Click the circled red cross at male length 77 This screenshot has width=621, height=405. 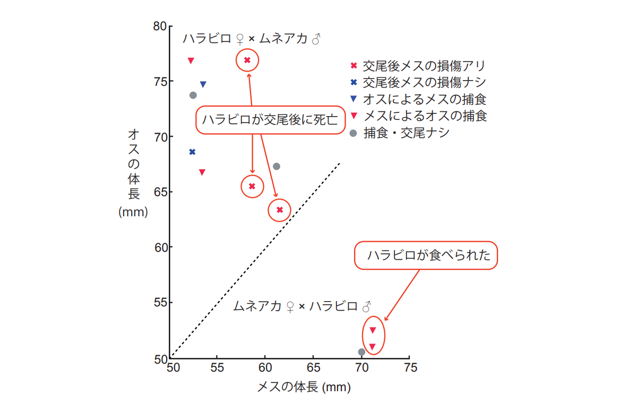[x=247, y=60]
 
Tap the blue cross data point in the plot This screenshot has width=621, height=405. [x=192, y=152]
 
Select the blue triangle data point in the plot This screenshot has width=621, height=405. [x=203, y=84]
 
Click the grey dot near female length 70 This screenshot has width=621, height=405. [x=361, y=352]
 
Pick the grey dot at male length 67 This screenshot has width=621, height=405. [x=276, y=166]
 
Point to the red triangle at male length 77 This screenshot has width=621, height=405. [x=191, y=60]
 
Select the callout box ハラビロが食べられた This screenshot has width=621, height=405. [x=426, y=256]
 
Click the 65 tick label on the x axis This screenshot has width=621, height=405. [x=314, y=367]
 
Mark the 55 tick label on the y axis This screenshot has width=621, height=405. [x=160, y=303]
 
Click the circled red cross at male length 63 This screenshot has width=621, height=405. [x=280, y=210]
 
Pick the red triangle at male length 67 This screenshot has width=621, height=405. [x=202, y=172]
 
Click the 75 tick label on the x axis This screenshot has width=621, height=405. [x=410, y=367]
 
